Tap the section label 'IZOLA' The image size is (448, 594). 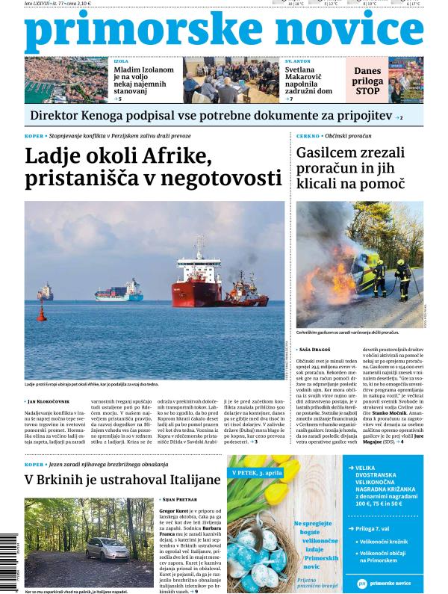[120, 59]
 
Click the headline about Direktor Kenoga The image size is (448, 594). [210, 115]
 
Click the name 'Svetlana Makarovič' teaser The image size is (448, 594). [305, 75]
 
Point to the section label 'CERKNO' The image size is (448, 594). [308, 137]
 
